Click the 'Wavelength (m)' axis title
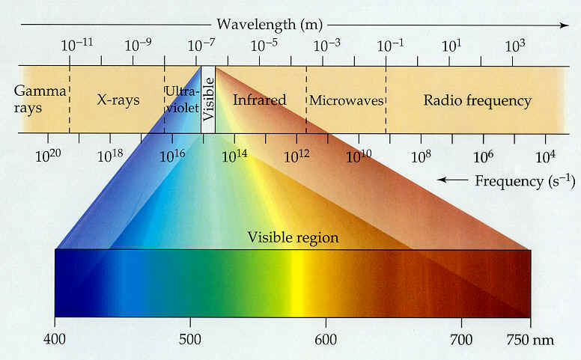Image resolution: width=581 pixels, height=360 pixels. click(x=269, y=25)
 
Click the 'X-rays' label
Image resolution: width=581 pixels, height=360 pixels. click(x=118, y=100)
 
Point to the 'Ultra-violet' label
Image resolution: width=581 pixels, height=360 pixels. click(x=181, y=100)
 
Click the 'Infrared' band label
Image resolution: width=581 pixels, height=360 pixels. click(x=259, y=100)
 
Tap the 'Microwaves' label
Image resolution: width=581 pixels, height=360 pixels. click(x=346, y=100)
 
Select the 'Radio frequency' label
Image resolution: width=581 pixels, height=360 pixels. click(x=477, y=100)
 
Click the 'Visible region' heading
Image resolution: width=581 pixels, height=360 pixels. click(x=293, y=238)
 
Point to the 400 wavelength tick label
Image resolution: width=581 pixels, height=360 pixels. click(x=55, y=341)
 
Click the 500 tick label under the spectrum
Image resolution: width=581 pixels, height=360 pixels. click(x=190, y=341)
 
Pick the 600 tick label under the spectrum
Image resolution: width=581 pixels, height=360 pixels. click(x=325, y=341)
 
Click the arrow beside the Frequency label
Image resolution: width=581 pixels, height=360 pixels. click(x=452, y=180)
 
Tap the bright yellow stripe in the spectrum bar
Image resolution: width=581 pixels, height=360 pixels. click(x=297, y=284)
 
